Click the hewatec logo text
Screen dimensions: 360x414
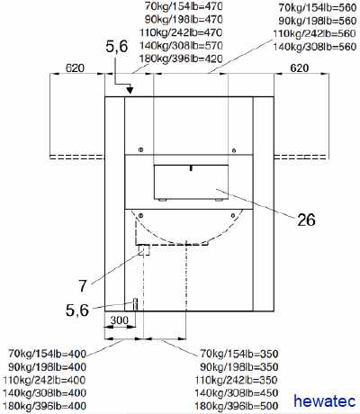click(325, 400)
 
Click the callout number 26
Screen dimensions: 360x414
click(306, 220)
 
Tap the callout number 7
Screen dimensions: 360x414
click(83, 286)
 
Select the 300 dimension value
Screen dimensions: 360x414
click(120, 320)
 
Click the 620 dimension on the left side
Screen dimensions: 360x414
click(75, 68)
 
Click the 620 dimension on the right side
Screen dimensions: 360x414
click(300, 68)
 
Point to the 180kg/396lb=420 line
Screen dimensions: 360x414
click(181, 58)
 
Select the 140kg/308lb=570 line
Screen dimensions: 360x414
click(181, 46)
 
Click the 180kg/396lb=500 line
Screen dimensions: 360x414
click(237, 406)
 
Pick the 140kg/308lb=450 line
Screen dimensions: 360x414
click(237, 392)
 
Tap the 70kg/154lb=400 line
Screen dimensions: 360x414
click(47, 354)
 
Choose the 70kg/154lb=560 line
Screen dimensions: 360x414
click(318, 7)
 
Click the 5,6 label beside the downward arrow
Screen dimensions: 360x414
click(117, 47)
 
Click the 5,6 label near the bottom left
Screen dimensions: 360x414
click(77, 310)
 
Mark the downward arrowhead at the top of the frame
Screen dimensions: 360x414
click(130, 90)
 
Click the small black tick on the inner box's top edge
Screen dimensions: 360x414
click(191, 168)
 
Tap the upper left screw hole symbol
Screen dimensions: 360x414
click(140, 149)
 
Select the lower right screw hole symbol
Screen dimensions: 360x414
click(233, 215)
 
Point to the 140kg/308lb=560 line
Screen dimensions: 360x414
click(314, 47)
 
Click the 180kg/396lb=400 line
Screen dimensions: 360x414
click(44, 406)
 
